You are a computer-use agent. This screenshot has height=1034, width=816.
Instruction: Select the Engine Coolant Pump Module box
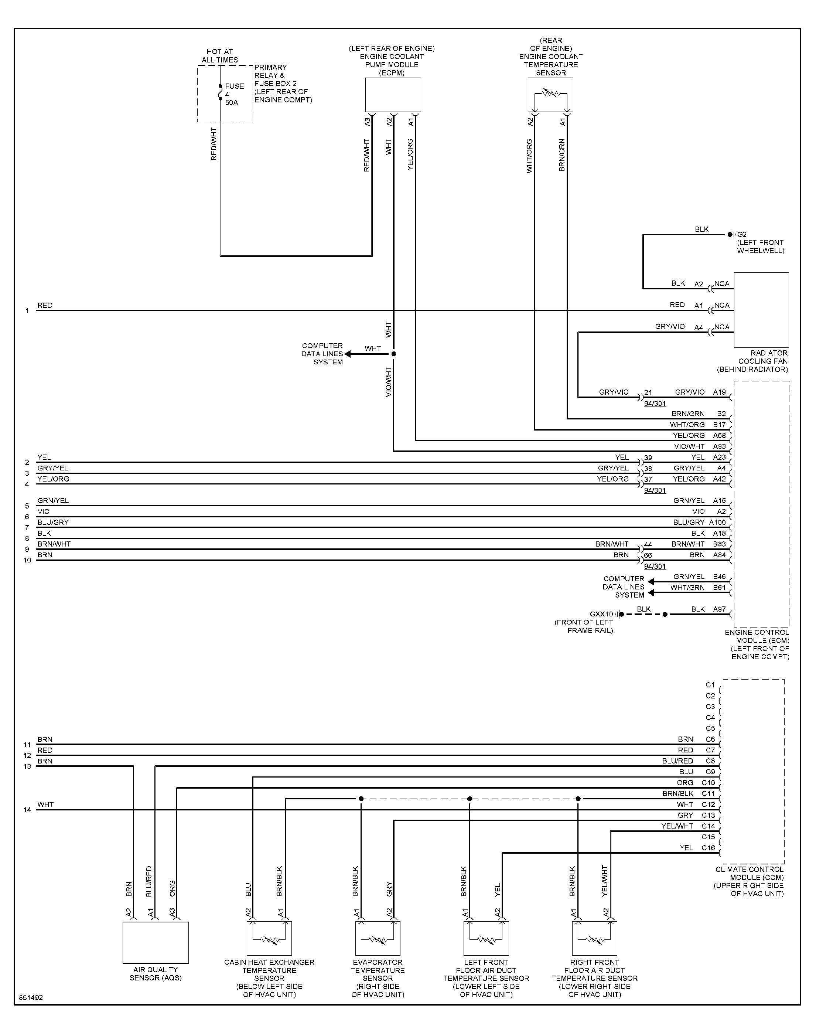click(x=393, y=95)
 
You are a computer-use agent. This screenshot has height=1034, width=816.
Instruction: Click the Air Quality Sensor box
click(x=156, y=942)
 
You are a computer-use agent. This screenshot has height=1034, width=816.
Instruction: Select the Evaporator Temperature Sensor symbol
click(x=378, y=938)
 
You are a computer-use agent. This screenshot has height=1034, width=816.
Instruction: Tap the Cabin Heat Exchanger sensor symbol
click(x=269, y=938)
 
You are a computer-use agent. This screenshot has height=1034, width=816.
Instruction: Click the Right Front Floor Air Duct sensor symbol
click(x=594, y=938)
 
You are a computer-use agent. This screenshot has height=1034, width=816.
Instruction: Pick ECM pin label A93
click(x=720, y=446)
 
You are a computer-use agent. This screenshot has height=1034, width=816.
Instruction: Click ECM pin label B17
click(x=720, y=424)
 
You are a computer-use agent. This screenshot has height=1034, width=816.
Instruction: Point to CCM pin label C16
click(x=708, y=848)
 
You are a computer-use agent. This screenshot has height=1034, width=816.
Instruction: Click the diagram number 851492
click(x=31, y=998)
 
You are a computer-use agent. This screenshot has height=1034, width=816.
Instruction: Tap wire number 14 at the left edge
click(x=27, y=810)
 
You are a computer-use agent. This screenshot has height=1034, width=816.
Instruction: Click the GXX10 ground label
click(x=601, y=614)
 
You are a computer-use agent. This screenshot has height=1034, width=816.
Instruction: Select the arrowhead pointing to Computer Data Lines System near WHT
click(x=347, y=354)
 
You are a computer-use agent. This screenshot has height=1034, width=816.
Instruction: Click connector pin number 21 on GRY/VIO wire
click(x=648, y=393)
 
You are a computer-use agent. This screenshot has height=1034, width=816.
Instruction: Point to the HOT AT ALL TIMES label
click(x=220, y=56)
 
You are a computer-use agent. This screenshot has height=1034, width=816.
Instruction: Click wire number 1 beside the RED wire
click(x=27, y=310)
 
